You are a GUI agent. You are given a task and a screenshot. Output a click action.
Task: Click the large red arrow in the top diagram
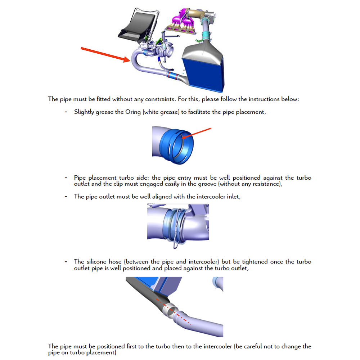104,54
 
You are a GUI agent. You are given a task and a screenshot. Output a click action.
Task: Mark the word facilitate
199,112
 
